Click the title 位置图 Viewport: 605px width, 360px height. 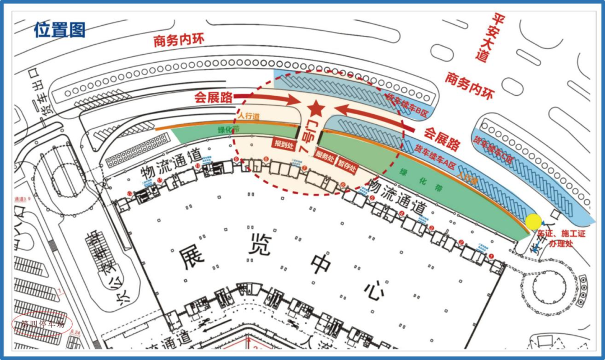point(59,30)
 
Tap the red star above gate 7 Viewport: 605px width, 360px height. point(315,107)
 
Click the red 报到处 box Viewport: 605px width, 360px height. point(284,144)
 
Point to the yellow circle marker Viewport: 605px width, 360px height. point(533,222)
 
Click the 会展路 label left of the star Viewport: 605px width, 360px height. point(213,97)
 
